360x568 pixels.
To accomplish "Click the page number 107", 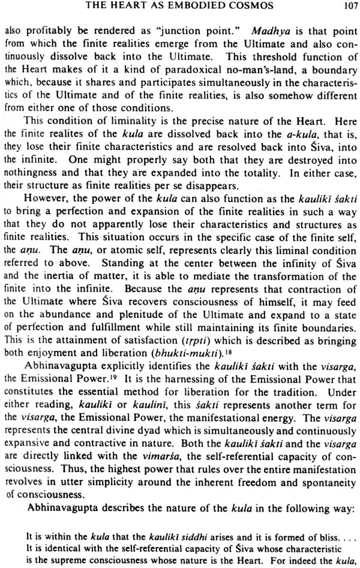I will (344, 8).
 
